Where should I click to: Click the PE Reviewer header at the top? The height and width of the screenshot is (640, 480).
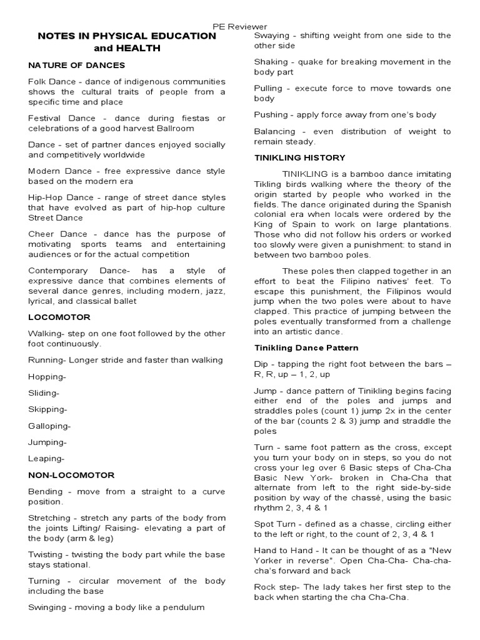240,26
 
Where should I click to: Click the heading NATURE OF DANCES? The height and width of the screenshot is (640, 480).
76,65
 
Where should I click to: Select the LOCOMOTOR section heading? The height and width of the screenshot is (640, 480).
59,317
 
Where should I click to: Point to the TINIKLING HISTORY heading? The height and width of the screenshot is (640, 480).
299,157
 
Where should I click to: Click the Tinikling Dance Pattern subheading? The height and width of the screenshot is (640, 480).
306,347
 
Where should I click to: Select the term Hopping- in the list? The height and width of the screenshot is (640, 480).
47,376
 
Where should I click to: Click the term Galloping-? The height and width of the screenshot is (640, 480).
49,426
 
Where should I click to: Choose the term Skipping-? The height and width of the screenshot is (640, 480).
47,409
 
